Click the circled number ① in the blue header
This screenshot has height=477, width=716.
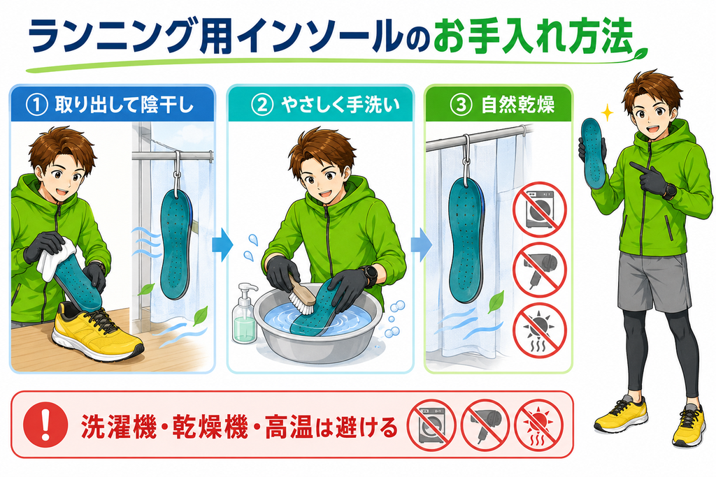coord(37,105)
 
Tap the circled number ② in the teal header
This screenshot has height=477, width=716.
coord(262,105)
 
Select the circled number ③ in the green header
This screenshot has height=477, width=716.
coord(461,105)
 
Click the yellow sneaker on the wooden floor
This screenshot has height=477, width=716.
coord(96,333)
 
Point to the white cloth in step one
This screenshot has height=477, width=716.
coord(56,258)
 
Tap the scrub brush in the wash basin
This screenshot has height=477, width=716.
coord(302,291)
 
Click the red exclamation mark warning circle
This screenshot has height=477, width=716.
coord(45,425)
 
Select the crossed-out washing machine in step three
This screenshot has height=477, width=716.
coord(539,209)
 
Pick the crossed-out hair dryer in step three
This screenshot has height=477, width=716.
coord(539,270)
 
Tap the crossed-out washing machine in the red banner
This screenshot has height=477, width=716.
coord(431,425)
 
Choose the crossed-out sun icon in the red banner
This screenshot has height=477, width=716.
coord(539,425)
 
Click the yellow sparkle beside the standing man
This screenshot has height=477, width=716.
coord(607,112)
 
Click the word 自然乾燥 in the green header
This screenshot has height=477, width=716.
coord(517,105)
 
